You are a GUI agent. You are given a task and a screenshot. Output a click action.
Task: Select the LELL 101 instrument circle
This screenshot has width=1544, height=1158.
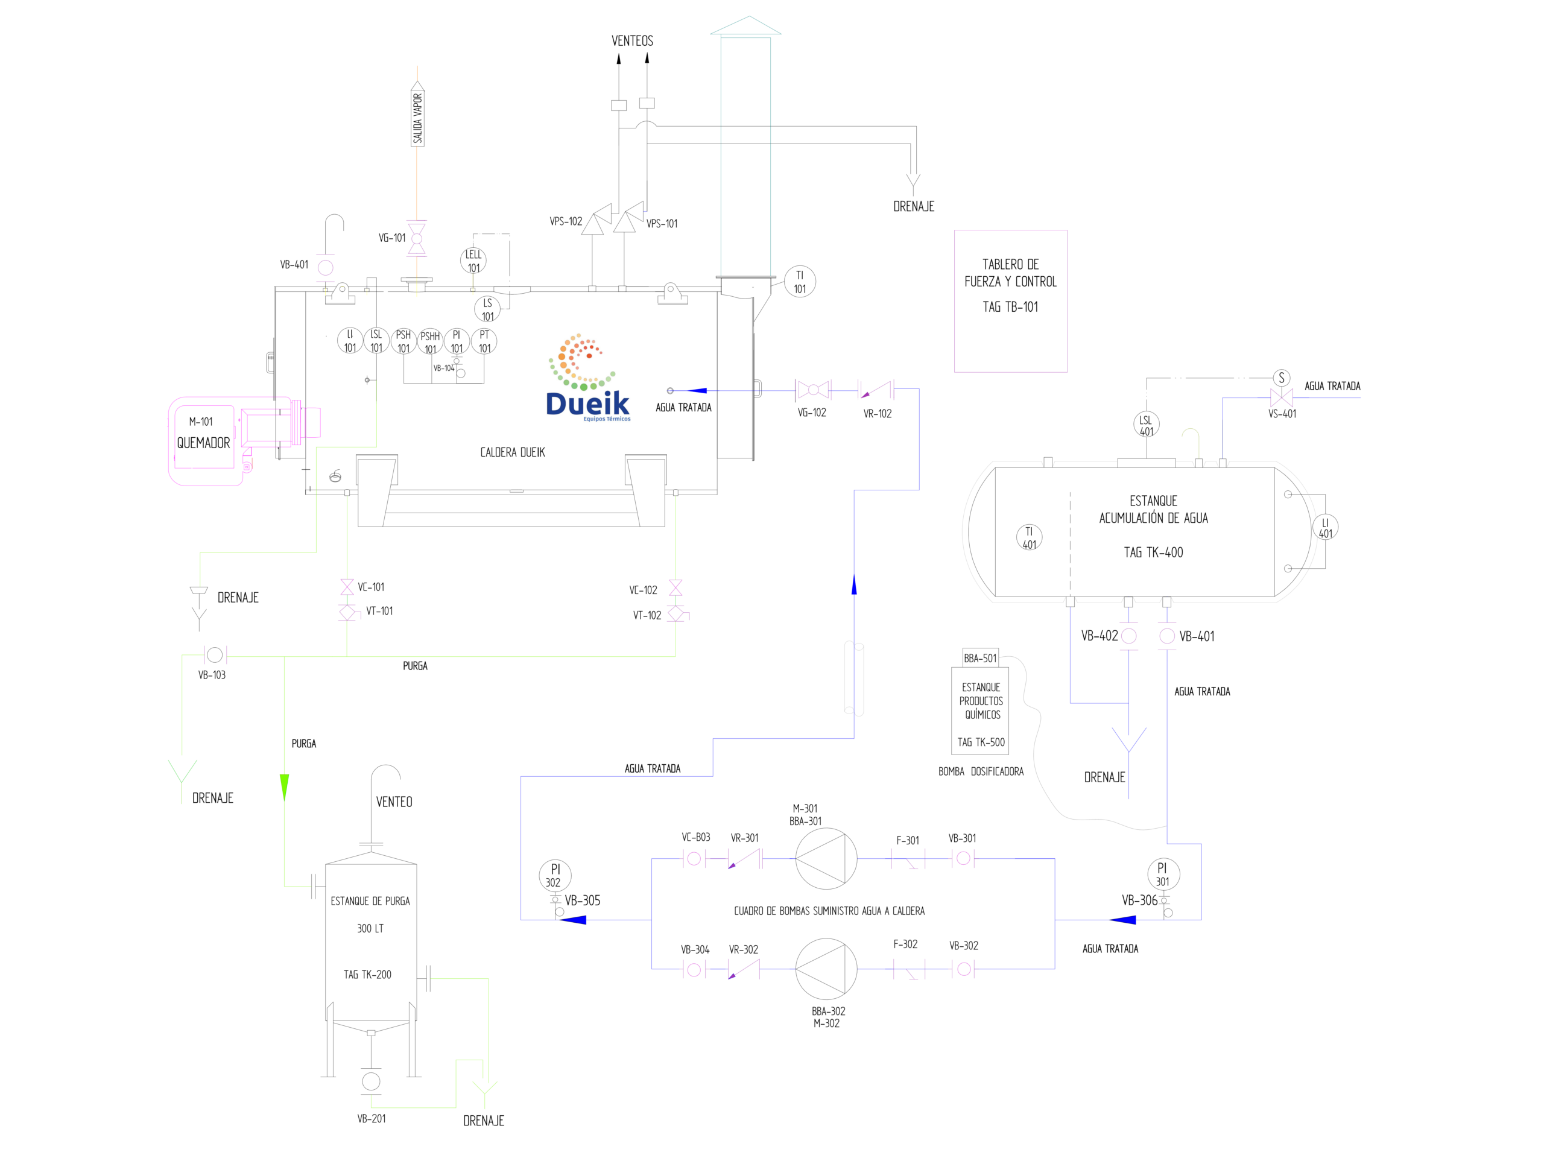point(473,261)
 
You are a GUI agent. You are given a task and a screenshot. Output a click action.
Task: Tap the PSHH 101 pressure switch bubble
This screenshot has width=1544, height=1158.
point(430,342)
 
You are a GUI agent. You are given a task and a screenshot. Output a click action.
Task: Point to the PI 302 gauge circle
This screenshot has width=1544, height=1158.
point(555,875)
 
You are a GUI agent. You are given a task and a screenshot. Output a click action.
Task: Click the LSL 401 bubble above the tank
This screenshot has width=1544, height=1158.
point(1146,423)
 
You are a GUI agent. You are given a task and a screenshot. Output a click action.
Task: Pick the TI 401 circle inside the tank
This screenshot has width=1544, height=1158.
point(1029,537)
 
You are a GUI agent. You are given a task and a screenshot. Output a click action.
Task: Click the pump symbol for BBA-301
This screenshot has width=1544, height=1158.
point(826,859)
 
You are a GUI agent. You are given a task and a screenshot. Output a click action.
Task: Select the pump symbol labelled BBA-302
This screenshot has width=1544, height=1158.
point(826,969)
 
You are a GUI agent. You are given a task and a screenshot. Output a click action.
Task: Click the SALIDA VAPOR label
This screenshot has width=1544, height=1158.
point(417,118)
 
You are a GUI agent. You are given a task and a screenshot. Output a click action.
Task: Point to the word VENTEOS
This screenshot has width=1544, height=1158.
point(633,40)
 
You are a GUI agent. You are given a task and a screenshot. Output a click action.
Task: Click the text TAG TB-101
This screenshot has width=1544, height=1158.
point(1010,307)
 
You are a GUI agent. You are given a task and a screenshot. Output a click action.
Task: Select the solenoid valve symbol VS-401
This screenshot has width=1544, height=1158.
point(1282,398)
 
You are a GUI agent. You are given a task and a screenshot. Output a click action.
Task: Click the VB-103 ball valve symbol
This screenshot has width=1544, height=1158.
point(215,655)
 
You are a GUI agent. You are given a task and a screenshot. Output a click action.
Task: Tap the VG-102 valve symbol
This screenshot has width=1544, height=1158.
point(813,390)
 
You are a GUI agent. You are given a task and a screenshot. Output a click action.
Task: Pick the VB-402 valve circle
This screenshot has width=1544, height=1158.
point(1128,636)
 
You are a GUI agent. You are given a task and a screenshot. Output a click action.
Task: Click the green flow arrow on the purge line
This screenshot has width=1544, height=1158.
point(284,787)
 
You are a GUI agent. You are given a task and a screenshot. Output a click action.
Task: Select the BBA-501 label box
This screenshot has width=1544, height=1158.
point(980,658)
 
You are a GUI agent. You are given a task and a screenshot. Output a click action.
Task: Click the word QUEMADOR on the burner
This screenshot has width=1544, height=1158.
point(203,443)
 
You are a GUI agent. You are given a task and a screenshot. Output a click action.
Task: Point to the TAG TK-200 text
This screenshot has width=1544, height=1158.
point(367,975)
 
